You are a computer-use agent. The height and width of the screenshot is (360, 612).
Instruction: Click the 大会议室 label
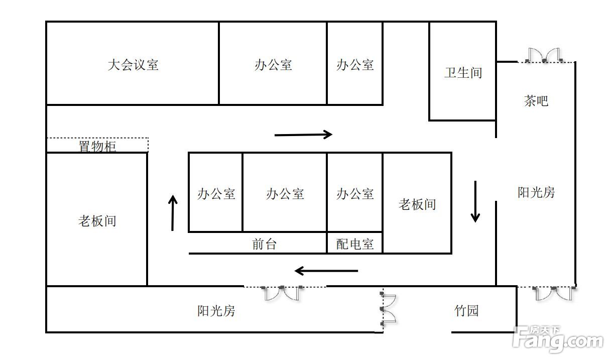(133, 65)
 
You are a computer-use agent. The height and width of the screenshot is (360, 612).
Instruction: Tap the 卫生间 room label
(463, 73)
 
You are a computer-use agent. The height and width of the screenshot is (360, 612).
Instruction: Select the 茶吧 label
(536, 101)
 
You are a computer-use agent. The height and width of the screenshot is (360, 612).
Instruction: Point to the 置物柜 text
(97, 147)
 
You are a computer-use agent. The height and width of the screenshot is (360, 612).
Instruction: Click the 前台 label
(264, 245)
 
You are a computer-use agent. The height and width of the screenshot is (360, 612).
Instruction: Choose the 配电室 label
(355, 245)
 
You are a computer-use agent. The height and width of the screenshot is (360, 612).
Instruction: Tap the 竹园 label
(466, 311)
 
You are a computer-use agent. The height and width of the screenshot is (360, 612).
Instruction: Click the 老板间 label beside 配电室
(417, 204)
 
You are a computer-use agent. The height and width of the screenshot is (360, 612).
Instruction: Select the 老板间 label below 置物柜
(97, 221)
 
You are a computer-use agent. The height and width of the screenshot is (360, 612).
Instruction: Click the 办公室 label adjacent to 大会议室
(273, 65)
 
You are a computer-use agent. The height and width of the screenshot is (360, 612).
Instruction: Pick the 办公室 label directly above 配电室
(355, 194)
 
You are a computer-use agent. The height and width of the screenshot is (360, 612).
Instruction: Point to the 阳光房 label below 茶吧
(536, 192)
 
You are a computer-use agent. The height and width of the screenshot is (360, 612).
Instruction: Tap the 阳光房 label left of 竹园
(216, 311)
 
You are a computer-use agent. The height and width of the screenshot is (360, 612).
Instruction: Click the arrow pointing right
(303, 134)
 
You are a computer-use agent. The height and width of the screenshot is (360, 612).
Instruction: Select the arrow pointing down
(475, 201)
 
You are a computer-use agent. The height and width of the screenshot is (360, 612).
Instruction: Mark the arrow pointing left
(326, 271)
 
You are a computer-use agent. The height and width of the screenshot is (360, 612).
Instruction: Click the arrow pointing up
(173, 213)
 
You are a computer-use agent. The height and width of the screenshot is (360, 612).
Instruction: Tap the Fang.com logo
(557, 340)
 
